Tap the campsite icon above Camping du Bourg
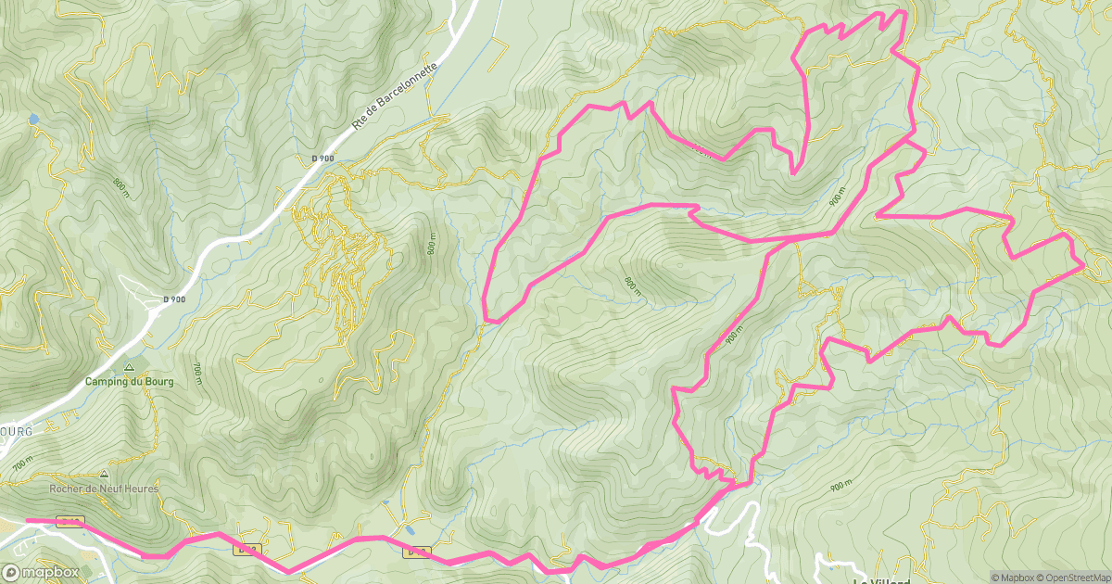[x=131, y=367]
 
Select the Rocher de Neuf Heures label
[x=105, y=489]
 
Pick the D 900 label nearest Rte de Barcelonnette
[x=322, y=159]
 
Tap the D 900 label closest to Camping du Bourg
[x=174, y=299]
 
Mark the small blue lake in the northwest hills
[x=33, y=120]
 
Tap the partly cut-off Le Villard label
[x=881, y=580]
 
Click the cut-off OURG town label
[x=16, y=432]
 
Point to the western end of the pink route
[x=28, y=521]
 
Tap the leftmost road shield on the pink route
[x=70, y=521]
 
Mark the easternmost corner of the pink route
[x=1082, y=266]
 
